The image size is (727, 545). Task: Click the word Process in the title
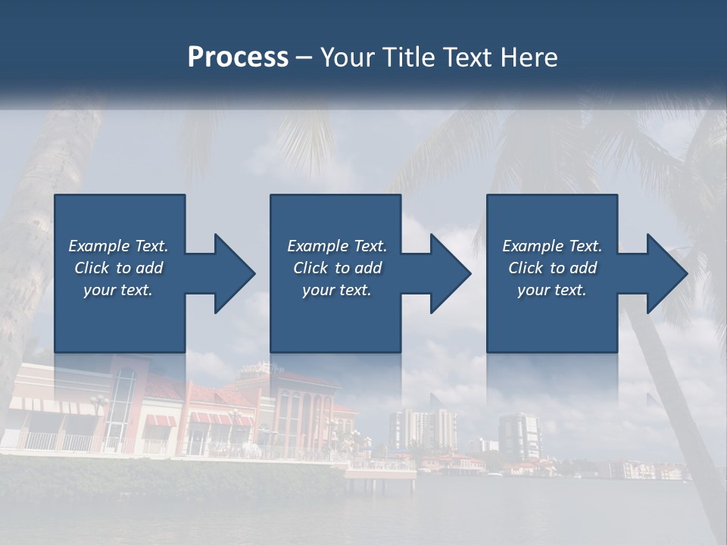pos(238,58)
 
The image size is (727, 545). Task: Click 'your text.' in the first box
pos(118,290)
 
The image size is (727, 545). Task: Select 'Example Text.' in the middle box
pos(337,246)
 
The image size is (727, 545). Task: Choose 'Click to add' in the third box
pos(552,268)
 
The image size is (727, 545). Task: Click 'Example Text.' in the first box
pos(118,246)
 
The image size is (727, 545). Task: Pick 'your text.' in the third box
pos(552,290)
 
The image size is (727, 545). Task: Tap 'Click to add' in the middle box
pos(337,268)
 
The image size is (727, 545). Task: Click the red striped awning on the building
pos(159,421)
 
